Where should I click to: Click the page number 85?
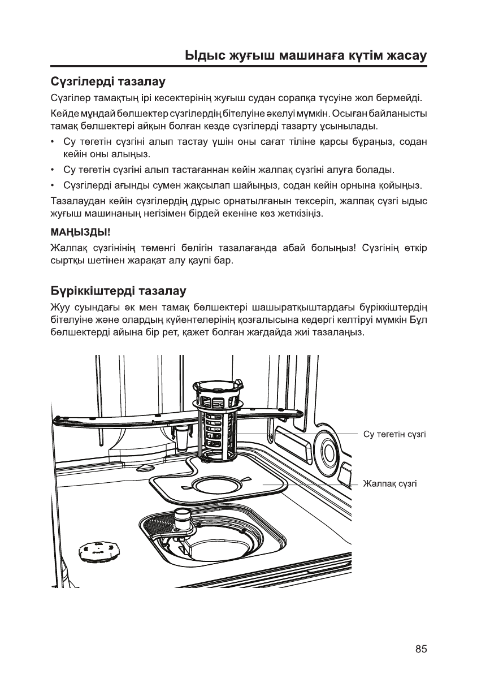[x=420, y=649]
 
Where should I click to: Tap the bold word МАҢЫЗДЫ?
[x=80, y=232]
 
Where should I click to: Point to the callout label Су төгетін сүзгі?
[x=394, y=434]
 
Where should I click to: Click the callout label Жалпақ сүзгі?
[x=390, y=484]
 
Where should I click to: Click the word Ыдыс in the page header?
[x=205, y=56]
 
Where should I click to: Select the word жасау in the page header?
[x=402, y=56]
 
